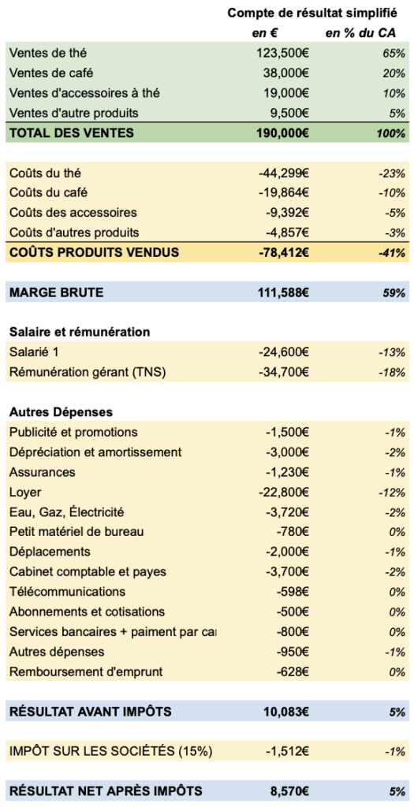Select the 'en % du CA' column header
(365, 33)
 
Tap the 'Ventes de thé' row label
(48, 53)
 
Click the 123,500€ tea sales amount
(282, 53)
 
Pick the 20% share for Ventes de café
(394, 73)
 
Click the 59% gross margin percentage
(394, 292)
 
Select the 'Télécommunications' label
(67, 591)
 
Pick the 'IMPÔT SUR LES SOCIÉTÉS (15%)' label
(111, 751)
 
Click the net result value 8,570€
(289, 790)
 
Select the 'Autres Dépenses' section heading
(61, 412)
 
